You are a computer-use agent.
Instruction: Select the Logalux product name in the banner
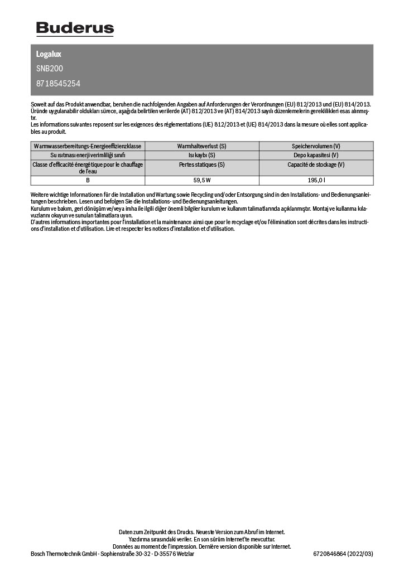point(49,54)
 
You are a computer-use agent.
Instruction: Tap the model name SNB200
point(50,69)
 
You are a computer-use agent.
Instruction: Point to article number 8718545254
point(59,84)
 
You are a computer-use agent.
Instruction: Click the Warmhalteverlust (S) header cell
point(202,146)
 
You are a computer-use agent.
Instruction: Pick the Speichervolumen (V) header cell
point(316,146)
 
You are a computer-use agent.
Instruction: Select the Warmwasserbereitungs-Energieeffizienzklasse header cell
point(88,146)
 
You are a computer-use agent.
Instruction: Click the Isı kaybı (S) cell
point(202,155)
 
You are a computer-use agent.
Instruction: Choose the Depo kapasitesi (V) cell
point(316,155)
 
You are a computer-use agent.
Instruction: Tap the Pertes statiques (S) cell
point(202,164)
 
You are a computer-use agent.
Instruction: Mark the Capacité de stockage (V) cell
point(316,164)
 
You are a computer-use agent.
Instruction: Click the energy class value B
point(88,181)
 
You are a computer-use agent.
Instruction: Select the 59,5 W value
point(202,181)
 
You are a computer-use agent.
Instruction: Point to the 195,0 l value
point(316,181)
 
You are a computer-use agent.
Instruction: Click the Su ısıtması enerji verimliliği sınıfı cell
point(88,155)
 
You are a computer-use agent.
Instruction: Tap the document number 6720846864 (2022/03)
point(343,554)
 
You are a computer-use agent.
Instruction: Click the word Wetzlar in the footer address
point(184,554)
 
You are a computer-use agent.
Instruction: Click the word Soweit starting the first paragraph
point(39,104)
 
